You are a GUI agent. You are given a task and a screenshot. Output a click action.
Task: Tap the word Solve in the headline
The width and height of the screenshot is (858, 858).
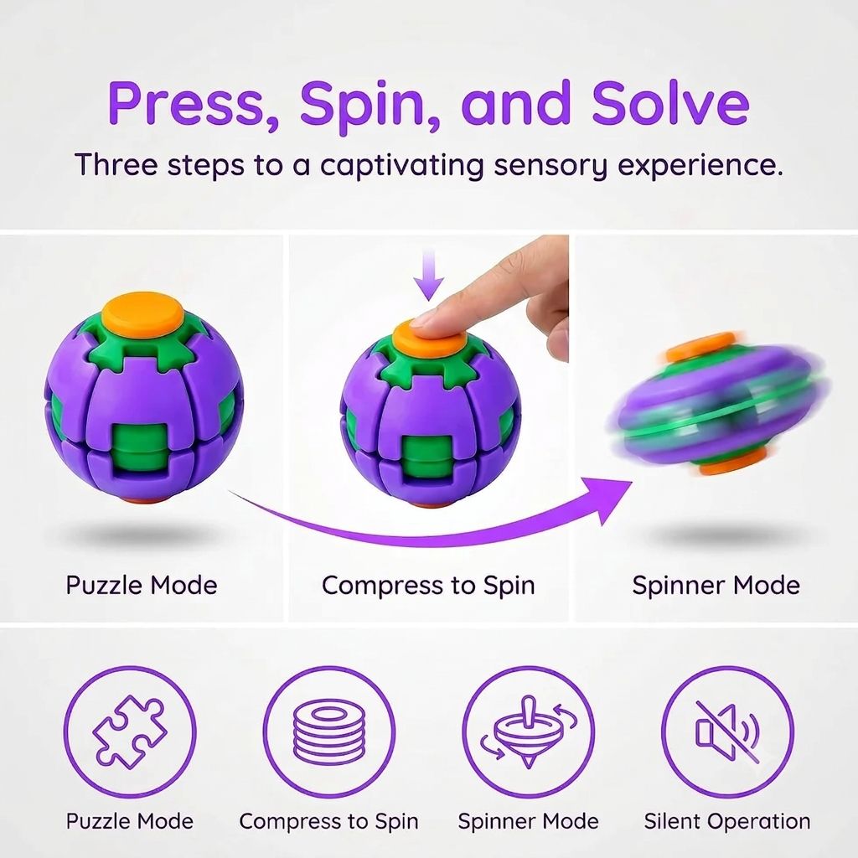[x=670, y=103]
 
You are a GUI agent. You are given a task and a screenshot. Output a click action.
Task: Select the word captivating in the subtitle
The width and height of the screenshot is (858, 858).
[x=401, y=165]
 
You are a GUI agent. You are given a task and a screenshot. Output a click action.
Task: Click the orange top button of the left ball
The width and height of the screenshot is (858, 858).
[x=143, y=312]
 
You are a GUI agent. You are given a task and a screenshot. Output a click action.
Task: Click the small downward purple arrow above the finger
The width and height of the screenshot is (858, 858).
[x=428, y=274]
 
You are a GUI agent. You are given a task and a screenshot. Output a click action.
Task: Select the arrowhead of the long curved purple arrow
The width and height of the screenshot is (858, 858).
[x=607, y=497]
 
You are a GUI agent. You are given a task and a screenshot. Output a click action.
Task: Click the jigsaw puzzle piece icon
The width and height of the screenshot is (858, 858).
[x=130, y=731]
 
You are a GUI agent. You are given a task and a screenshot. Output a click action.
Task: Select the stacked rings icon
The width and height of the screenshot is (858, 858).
[x=328, y=731]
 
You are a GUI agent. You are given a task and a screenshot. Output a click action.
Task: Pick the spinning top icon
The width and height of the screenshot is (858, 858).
[x=528, y=731]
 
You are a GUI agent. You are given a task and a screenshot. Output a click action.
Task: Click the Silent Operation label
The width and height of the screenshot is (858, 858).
[x=727, y=821]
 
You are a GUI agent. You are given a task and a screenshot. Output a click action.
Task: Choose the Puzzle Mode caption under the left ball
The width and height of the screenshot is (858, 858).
[x=142, y=585]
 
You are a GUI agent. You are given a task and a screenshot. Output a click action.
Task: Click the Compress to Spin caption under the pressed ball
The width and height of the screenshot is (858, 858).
[x=428, y=586]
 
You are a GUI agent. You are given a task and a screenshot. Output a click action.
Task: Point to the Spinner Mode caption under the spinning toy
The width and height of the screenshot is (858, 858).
[x=716, y=586]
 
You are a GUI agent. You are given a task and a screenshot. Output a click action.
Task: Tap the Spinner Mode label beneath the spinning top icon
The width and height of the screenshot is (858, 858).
[x=528, y=821]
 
